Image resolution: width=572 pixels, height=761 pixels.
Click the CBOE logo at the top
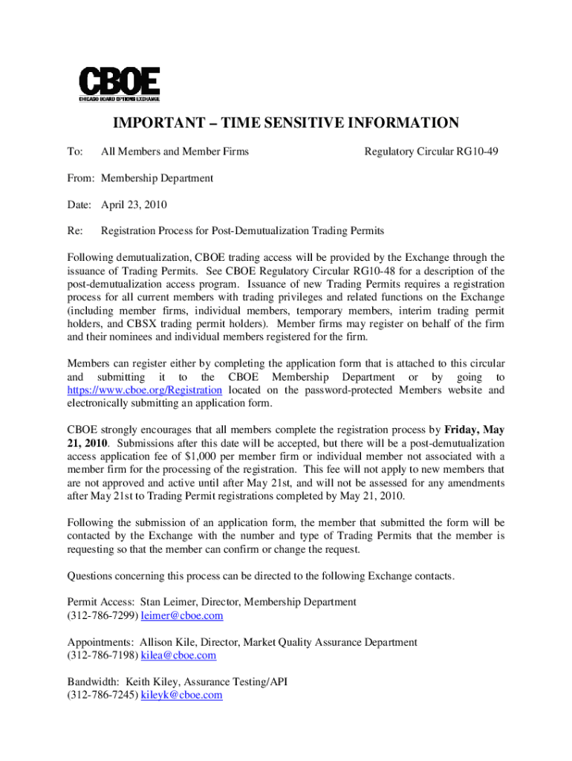click(x=120, y=84)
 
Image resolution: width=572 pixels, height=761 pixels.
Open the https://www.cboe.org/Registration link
click(x=145, y=390)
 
